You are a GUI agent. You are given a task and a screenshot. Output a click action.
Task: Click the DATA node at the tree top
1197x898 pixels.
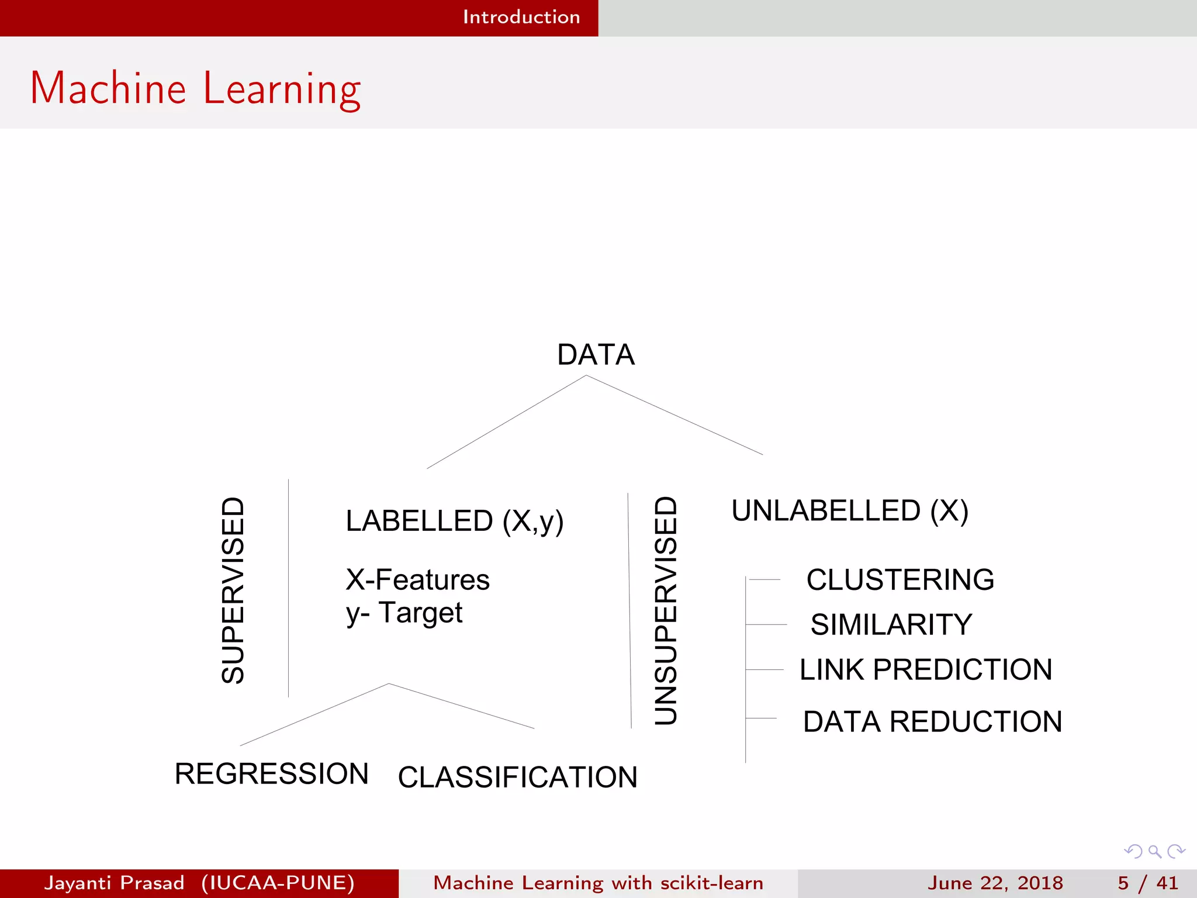point(596,355)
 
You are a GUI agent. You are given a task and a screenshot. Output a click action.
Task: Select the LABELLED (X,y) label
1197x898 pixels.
point(454,521)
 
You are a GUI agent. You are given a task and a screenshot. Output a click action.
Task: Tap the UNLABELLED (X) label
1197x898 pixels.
point(850,511)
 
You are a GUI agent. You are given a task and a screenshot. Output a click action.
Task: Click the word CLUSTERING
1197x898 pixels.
point(900,580)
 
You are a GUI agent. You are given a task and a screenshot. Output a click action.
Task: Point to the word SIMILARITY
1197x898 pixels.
point(891,624)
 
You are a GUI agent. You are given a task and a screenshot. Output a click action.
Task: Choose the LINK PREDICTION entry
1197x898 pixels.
point(926,669)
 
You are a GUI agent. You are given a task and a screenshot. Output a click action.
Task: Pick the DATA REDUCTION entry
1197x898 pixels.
point(932,721)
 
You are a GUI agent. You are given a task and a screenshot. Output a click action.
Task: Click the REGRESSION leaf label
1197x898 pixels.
point(272,774)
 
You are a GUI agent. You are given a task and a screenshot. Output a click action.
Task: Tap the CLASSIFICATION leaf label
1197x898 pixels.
point(517,778)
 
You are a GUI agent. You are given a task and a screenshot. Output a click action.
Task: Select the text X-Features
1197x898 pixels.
point(417,580)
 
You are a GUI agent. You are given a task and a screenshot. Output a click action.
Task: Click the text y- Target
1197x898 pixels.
point(404,613)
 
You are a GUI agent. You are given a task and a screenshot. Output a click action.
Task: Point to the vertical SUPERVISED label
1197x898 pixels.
point(233,590)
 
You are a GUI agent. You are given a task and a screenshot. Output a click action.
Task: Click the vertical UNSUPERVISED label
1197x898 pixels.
point(666,610)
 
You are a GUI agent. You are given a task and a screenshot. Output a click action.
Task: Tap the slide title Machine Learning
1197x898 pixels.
point(196,88)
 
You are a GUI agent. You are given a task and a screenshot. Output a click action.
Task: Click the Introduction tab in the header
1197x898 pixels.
point(521,17)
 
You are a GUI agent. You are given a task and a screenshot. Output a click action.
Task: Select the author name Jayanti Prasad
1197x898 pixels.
point(115,883)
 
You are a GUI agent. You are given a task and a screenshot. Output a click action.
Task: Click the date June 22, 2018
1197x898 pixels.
point(995,883)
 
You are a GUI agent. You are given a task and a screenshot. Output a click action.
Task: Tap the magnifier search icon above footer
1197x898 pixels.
point(1154,851)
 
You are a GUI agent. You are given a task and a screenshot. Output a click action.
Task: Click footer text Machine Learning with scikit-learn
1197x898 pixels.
point(598,883)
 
